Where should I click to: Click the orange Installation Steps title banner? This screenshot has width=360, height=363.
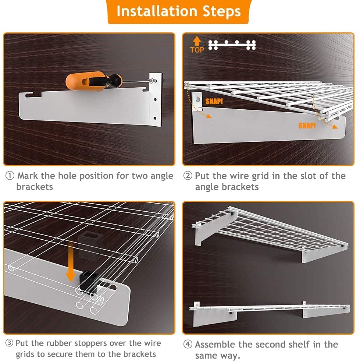pos(178,11)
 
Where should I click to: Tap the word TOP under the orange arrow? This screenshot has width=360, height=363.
pos(197,50)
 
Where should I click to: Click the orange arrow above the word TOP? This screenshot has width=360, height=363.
pos(197,41)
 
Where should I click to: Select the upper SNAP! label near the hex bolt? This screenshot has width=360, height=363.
pos(214,101)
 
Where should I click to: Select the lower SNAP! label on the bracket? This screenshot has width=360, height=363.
pos(307,126)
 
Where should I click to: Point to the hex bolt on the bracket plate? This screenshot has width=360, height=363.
pos(198,99)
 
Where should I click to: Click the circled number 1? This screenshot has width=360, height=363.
pos(10,176)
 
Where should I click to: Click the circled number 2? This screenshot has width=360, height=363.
pos(188,176)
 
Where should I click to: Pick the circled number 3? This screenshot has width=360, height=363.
pos(9,343)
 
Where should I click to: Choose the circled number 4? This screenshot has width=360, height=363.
pos(188,344)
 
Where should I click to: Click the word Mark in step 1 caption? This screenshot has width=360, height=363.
pos(28,176)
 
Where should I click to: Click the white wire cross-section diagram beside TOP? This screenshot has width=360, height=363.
pos(232,45)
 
